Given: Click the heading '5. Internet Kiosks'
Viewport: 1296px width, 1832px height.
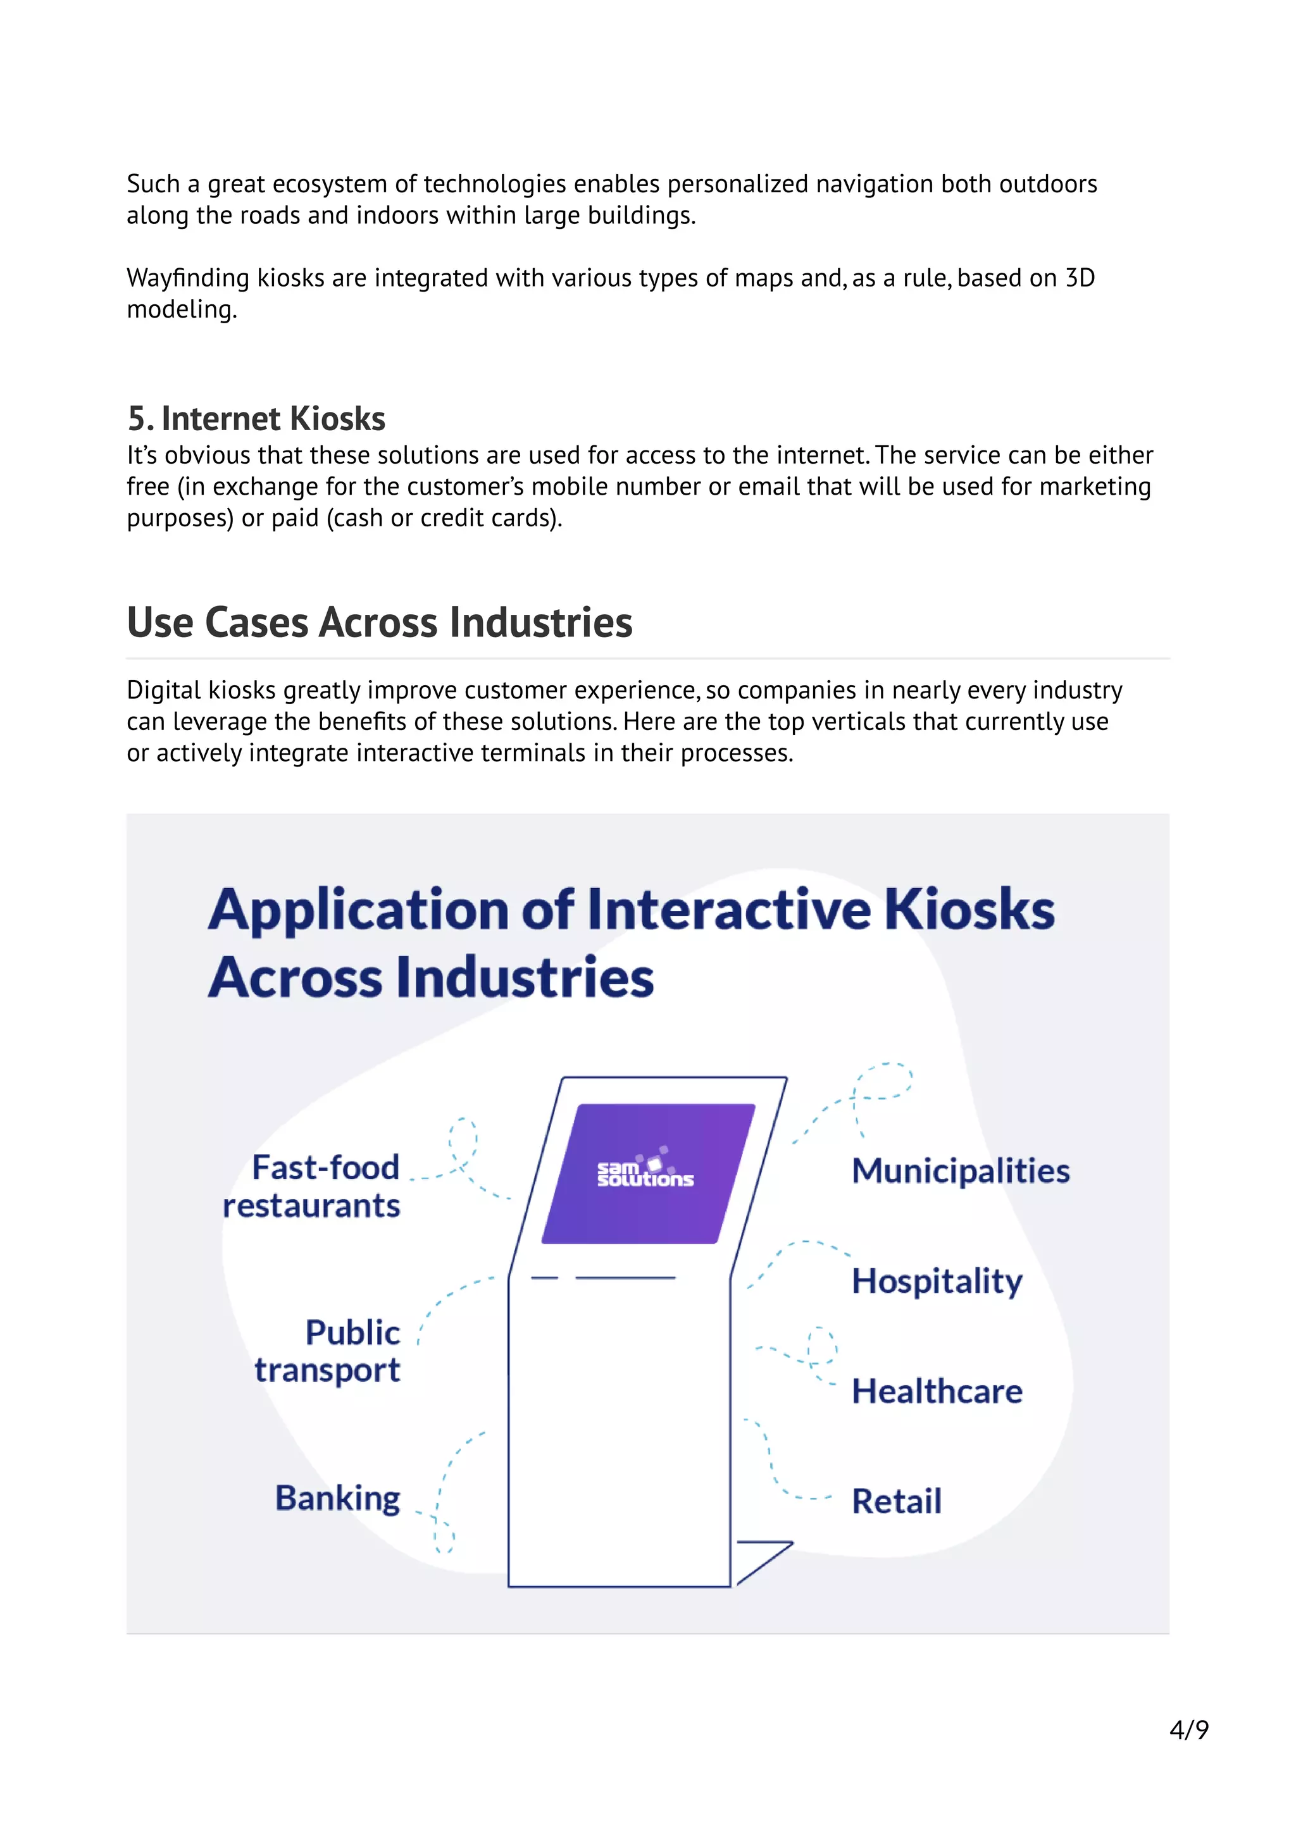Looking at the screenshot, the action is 256,419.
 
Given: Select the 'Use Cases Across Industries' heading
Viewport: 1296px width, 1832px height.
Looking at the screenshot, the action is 379,622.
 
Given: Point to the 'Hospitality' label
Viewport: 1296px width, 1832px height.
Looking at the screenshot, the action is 936,1282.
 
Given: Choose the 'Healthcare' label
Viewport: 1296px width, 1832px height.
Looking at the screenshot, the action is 936,1392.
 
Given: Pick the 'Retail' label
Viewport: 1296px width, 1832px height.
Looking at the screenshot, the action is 896,1501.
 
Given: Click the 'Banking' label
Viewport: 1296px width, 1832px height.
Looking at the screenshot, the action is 337,1499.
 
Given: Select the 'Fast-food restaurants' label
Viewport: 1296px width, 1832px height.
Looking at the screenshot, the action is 313,1187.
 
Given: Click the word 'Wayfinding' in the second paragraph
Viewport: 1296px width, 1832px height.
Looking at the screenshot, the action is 189,278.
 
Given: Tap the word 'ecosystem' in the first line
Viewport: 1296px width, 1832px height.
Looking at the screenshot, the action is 330,184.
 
